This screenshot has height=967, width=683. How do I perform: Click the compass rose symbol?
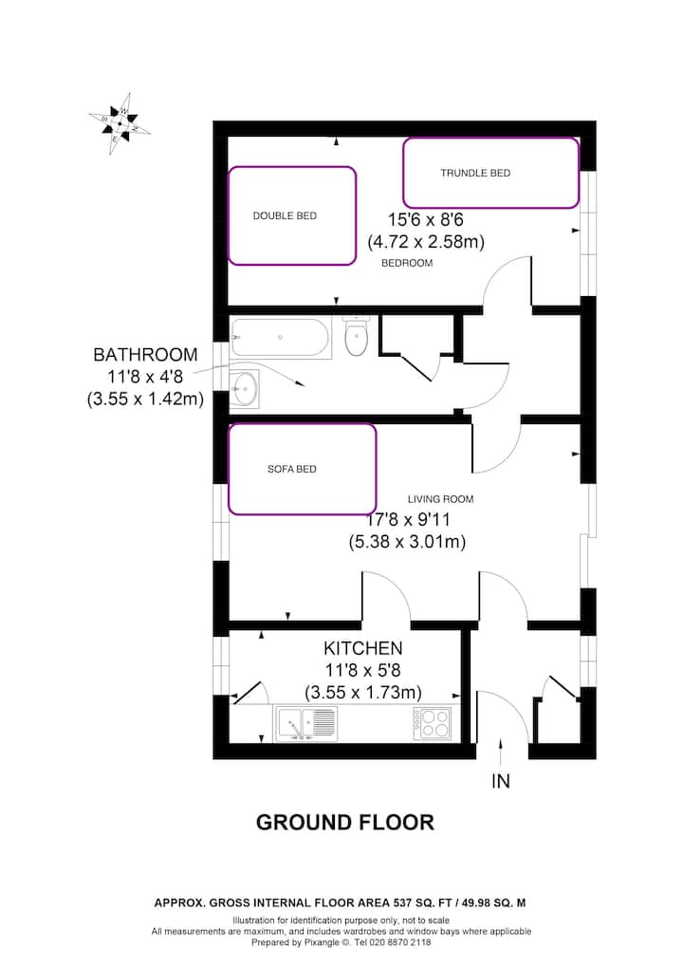(x=120, y=124)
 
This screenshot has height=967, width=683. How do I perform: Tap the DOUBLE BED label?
(x=285, y=215)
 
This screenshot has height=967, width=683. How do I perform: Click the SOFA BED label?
(x=291, y=470)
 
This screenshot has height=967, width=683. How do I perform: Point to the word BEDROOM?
(x=407, y=263)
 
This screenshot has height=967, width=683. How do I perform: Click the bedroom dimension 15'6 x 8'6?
(x=425, y=219)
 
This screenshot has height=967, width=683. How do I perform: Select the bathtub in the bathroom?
(x=281, y=337)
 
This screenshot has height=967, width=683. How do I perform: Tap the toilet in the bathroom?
(x=357, y=335)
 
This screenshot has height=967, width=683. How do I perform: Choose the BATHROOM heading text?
(x=145, y=355)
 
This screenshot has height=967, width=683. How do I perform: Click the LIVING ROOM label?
(x=440, y=499)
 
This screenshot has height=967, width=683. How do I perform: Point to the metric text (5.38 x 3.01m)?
(x=407, y=542)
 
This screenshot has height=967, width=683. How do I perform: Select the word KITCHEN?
(x=363, y=648)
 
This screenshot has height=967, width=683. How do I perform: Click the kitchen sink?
(x=306, y=723)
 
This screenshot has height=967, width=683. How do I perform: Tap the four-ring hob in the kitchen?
(x=433, y=723)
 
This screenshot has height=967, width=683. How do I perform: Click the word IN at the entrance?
(x=501, y=781)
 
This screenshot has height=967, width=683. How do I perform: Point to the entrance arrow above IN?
(x=500, y=752)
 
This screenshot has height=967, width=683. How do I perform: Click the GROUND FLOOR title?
(x=345, y=823)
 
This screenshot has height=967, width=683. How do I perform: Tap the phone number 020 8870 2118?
(x=402, y=942)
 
